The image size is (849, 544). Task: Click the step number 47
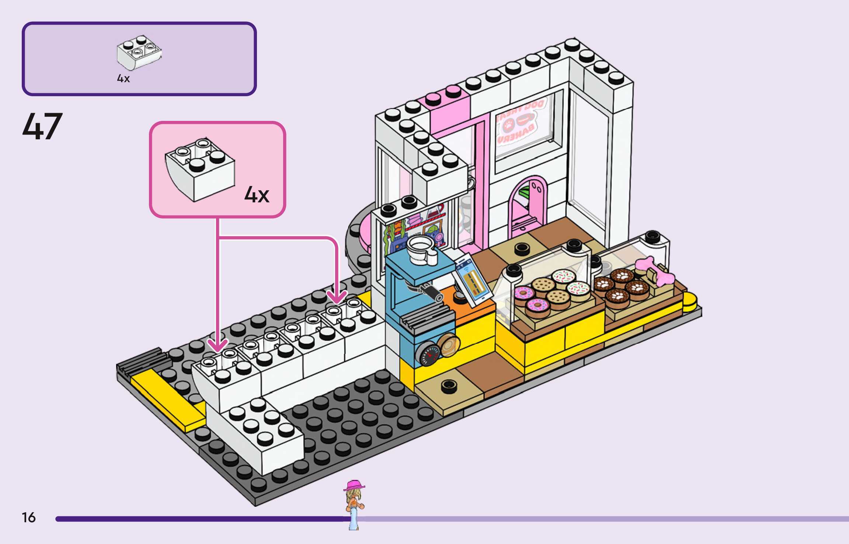[42, 126]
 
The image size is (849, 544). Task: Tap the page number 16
[29, 517]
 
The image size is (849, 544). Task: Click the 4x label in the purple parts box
[123, 79]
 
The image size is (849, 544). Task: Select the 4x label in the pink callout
[257, 195]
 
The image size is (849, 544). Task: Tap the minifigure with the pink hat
[354, 503]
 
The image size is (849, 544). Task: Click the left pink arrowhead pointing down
[218, 346]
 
